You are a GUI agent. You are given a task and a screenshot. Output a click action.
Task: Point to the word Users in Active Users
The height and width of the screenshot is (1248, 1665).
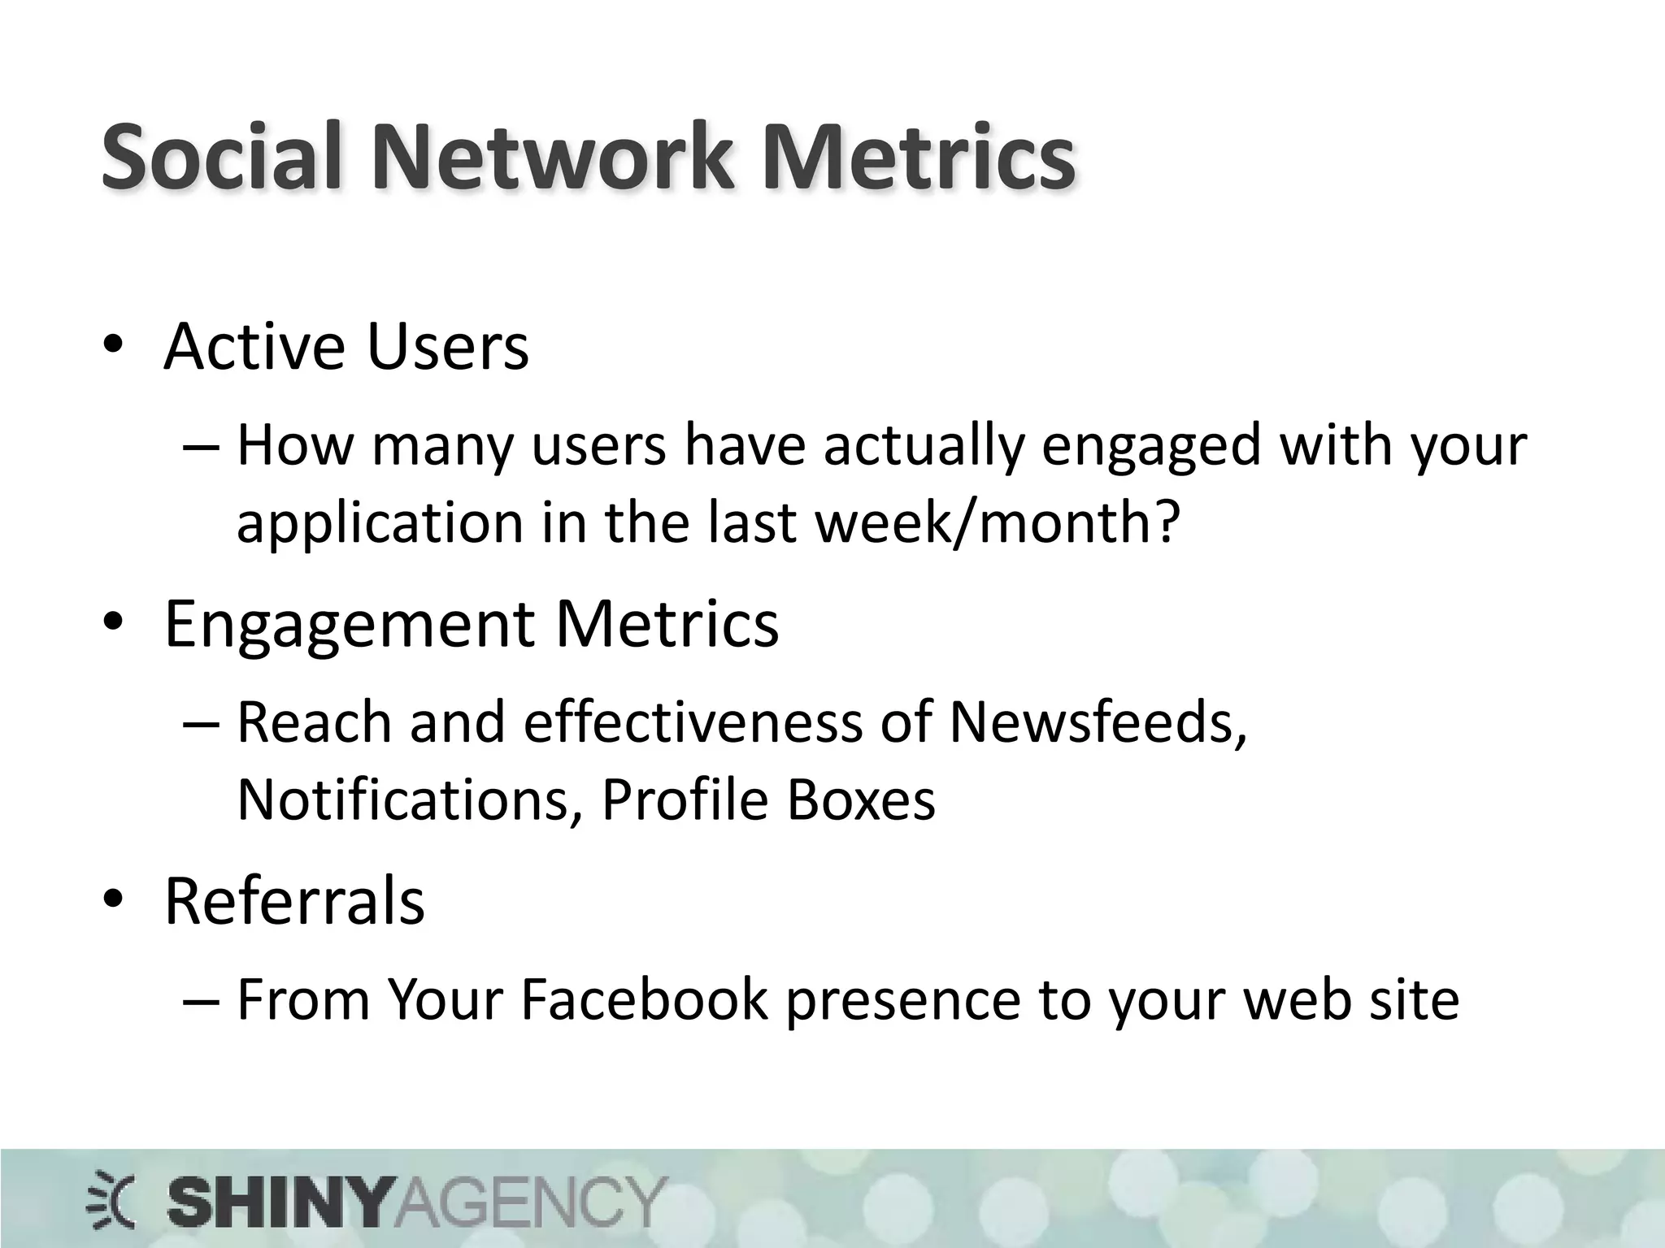(448, 347)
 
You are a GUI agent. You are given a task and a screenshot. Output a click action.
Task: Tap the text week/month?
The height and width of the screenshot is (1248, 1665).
(997, 522)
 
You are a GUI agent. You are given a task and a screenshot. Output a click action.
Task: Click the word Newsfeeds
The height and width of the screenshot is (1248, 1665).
(1098, 721)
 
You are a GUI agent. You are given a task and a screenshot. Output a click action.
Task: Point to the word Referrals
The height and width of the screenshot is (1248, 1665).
(294, 901)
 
